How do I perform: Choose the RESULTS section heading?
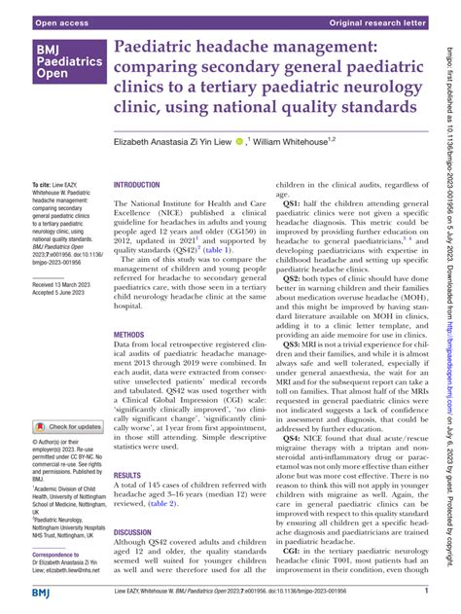click(x=127, y=449)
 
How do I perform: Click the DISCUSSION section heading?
click(x=134, y=504)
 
